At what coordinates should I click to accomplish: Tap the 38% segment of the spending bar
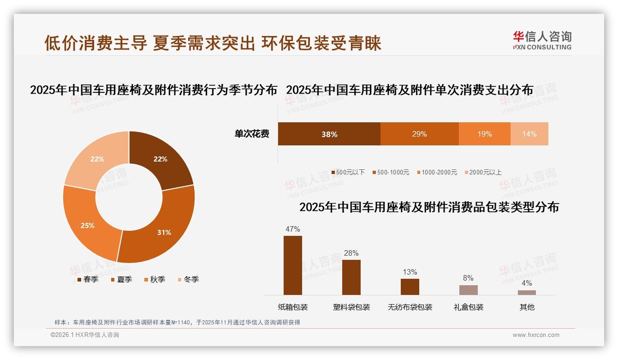pyautogui.click(x=329, y=134)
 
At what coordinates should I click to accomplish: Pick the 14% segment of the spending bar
pyautogui.click(x=529, y=134)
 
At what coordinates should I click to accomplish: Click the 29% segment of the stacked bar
pyautogui.click(x=419, y=134)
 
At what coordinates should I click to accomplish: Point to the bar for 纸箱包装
pyautogui.click(x=292, y=265)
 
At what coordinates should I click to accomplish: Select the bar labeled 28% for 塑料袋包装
pyautogui.click(x=351, y=277)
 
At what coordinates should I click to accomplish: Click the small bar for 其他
pyautogui.click(x=527, y=292)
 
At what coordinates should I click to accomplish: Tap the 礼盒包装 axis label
pyautogui.click(x=468, y=307)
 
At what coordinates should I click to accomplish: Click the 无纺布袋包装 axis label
pyautogui.click(x=410, y=307)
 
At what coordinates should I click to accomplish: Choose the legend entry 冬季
pyautogui.click(x=188, y=279)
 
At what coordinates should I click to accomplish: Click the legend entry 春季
pyautogui.click(x=88, y=279)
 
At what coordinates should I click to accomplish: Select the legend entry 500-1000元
pyautogui.click(x=390, y=172)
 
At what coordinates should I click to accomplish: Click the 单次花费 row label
pyautogui.click(x=252, y=134)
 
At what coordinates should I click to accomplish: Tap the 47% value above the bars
pyautogui.click(x=292, y=229)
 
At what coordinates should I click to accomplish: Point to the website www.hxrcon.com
pyautogui.click(x=536, y=335)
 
